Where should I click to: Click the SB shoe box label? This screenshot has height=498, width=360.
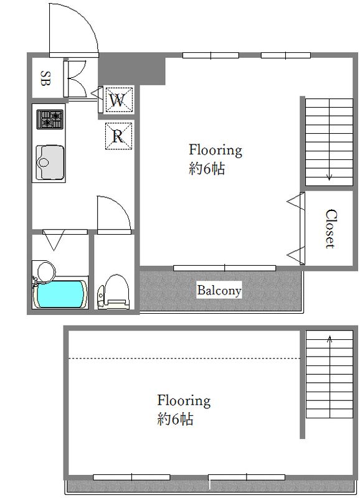45,78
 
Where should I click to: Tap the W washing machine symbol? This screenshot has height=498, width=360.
117,100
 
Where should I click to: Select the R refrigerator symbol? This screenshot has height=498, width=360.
118,136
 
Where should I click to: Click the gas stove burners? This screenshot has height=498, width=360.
50,120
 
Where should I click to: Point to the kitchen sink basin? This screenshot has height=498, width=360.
49,162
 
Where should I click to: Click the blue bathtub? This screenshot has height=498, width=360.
62,294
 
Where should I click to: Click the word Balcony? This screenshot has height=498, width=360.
219,290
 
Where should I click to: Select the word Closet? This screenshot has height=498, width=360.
331,228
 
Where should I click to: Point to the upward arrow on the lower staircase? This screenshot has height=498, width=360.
330,377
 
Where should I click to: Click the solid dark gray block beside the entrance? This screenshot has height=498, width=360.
132,70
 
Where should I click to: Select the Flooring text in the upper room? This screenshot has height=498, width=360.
216,150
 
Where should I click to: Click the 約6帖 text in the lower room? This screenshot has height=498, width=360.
175,420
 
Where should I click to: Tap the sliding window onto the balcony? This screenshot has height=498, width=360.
224,268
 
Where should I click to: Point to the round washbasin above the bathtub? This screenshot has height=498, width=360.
46,271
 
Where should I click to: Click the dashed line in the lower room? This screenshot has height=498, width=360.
184,359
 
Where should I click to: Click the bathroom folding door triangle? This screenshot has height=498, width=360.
54,240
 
